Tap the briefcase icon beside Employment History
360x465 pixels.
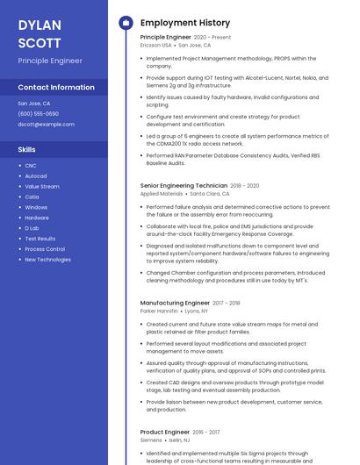click(x=125, y=23)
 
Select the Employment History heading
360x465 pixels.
click(x=184, y=23)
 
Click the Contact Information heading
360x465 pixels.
click(x=56, y=88)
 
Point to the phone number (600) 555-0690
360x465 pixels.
click(x=38, y=114)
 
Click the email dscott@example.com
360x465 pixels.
click(x=46, y=125)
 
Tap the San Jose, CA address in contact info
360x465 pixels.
click(x=33, y=104)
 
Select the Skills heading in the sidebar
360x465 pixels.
click(x=26, y=149)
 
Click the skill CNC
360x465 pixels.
click(x=31, y=166)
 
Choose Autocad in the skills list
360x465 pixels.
click(x=36, y=176)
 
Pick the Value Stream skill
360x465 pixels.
click(x=42, y=187)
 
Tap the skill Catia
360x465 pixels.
click(x=32, y=197)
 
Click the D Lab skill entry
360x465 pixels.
click(x=32, y=228)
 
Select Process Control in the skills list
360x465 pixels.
click(x=45, y=249)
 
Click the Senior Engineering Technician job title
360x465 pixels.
click(x=184, y=186)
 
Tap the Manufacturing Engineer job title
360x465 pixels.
click(x=175, y=303)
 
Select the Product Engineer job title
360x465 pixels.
click(x=165, y=432)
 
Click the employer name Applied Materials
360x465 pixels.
click(x=162, y=194)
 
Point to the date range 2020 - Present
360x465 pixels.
click(x=212, y=38)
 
